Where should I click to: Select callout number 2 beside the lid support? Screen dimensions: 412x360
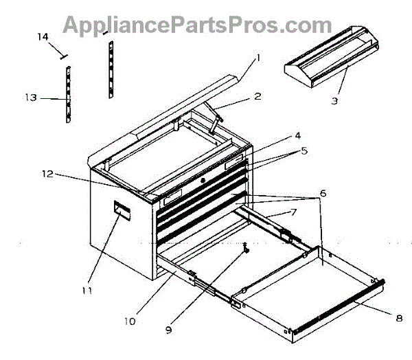[x=257, y=96]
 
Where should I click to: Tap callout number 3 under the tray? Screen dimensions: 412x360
[x=334, y=101]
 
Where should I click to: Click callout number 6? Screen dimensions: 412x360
[x=323, y=194]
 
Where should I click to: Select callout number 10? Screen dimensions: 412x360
[x=130, y=319]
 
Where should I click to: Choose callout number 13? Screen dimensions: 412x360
[x=30, y=98]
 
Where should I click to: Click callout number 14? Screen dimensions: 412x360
[x=43, y=37]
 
